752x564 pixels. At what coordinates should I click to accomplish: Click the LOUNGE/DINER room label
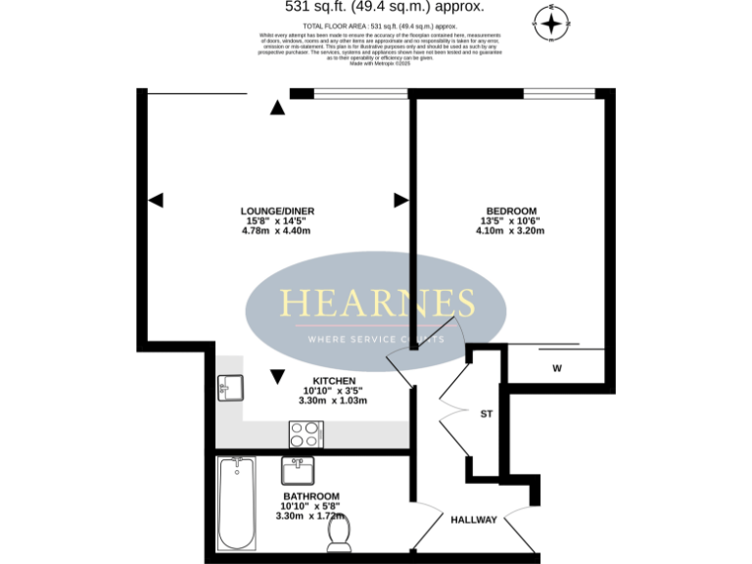(278, 211)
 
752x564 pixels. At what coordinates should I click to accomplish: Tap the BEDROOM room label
(510, 211)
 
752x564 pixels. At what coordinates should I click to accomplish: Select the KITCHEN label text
(334, 381)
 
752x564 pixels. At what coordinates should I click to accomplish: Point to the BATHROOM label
(311, 496)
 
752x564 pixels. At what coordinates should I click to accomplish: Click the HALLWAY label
(473, 520)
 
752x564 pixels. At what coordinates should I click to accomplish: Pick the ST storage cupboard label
(487, 414)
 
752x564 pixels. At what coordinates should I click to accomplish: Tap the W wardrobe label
(556, 369)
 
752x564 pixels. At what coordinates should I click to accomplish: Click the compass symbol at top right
(553, 22)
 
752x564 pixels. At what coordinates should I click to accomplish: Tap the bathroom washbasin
(298, 471)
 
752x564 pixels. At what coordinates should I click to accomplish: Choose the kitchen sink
(228, 388)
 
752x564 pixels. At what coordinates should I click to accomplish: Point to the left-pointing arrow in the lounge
(155, 200)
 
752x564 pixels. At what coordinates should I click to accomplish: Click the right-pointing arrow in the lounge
(400, 200)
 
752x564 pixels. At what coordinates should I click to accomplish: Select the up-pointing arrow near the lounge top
(278, 107)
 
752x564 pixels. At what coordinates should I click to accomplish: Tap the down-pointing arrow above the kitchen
(278, 375)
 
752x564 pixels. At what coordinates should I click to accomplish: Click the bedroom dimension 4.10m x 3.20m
(510, 231)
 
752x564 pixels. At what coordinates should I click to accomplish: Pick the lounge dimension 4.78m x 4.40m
(278, 231)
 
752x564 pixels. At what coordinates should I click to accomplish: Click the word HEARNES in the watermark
(378, 303)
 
